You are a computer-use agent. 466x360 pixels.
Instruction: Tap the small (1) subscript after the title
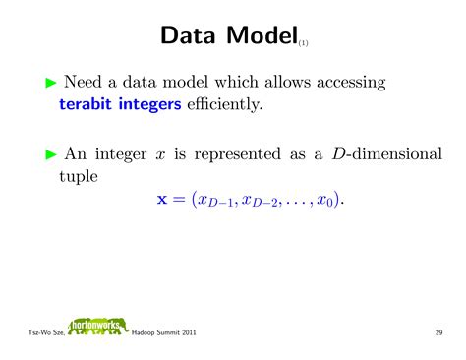304,43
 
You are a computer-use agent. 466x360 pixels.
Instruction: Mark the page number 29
438,333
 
